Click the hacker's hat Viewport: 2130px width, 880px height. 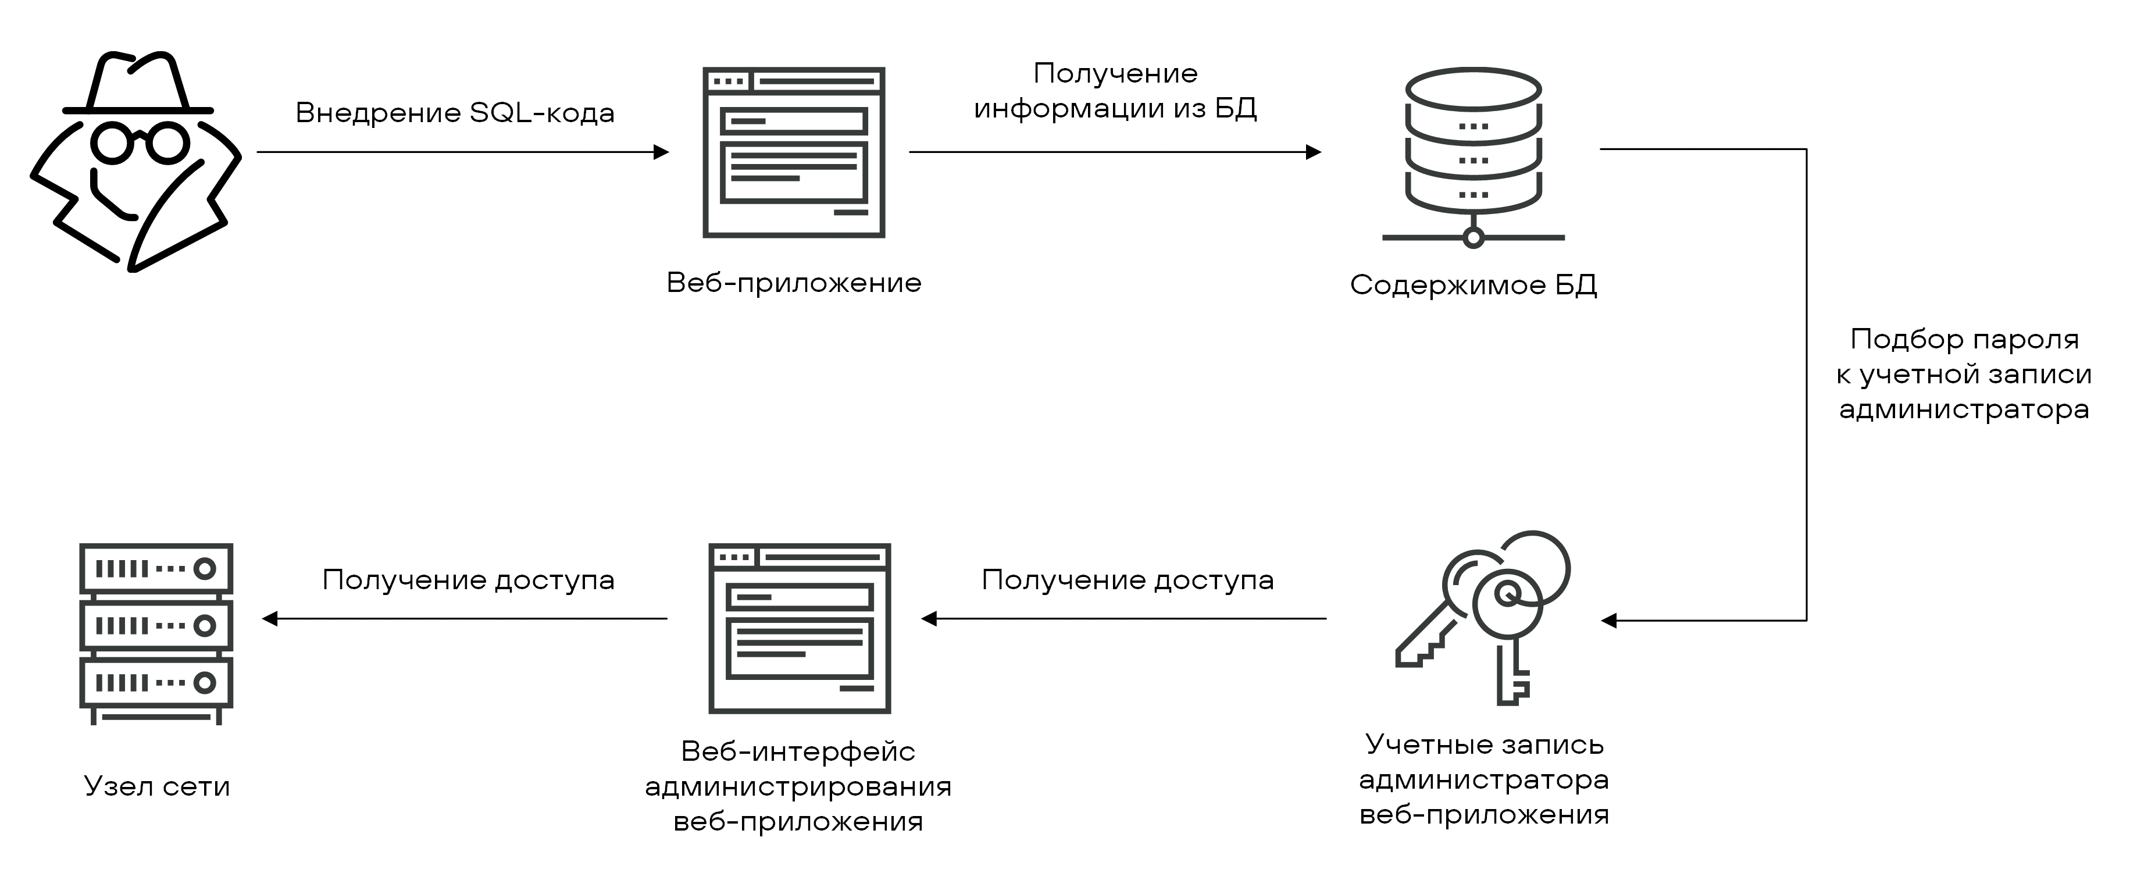coord(138,83)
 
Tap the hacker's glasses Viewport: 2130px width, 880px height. coord(139,142)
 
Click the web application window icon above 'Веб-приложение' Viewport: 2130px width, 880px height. coord(794,152)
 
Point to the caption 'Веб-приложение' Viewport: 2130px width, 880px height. coord(794,283)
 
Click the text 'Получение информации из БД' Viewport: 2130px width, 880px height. coord(1115,91)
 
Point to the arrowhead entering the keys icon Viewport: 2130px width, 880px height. coord(1609,620)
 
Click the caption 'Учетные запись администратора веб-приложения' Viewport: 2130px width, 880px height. coord(1484,780)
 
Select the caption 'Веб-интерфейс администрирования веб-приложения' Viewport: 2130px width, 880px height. coord(798,786)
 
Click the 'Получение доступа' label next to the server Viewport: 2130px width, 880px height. coord(468,580)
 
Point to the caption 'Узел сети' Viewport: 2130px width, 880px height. coord(157,786)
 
